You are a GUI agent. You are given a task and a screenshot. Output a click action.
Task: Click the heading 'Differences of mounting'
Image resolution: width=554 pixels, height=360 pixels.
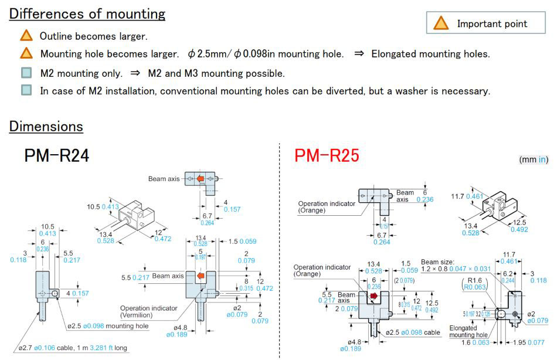click(87, 14)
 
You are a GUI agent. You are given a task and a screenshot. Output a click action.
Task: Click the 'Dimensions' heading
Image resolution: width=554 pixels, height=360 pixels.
click(46, 126)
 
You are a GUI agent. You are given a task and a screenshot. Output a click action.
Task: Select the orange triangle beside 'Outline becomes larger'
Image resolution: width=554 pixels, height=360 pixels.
click(26, 36)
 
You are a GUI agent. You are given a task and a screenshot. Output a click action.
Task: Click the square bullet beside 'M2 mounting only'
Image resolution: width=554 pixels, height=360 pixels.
click(26, 73)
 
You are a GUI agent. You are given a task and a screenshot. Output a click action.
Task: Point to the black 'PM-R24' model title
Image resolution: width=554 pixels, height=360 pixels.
click(57, 156)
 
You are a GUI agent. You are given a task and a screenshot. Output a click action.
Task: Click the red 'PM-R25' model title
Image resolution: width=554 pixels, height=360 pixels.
click(327, 156)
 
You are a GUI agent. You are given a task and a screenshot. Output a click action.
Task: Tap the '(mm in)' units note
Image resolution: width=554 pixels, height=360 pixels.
click(533, 159)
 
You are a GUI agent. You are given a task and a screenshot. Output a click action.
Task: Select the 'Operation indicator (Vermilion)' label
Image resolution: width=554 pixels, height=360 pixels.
click(149, 311)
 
